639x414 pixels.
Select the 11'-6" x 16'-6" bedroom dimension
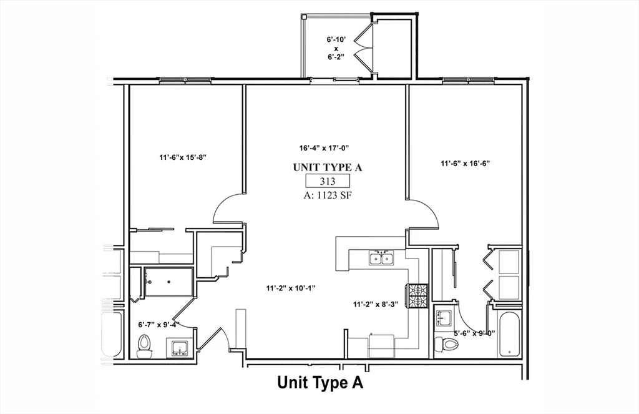coord(465,164)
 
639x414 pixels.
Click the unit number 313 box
coord(327,181)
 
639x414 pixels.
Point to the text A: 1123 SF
coord(328,194)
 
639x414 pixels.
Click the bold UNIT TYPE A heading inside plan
coord(328,167)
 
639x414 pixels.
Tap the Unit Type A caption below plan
coord(319,382)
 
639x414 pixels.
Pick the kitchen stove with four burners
coord(417,296)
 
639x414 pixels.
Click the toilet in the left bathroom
coord(144,345)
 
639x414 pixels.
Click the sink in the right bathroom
coord(445,318)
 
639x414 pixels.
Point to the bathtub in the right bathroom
coord(509,334)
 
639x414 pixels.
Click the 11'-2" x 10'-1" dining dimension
coord(291,288)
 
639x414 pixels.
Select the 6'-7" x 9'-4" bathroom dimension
coord(159,325)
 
